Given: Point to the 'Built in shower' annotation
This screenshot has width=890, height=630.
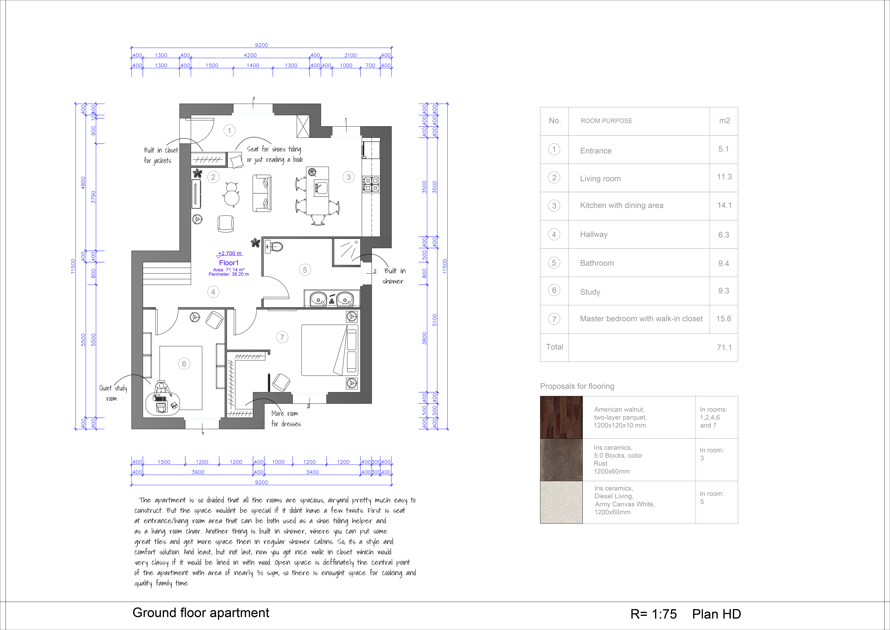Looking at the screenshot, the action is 394,276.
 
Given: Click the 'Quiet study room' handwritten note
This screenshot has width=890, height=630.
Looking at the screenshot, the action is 113,393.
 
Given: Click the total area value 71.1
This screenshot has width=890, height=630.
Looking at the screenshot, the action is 724,347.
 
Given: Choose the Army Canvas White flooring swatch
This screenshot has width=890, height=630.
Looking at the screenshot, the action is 561,502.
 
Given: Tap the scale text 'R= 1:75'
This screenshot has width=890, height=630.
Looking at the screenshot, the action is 654,614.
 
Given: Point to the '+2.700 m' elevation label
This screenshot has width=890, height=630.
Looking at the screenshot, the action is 230,253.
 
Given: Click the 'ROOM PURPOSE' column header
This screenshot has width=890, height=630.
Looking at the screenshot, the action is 606,121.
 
